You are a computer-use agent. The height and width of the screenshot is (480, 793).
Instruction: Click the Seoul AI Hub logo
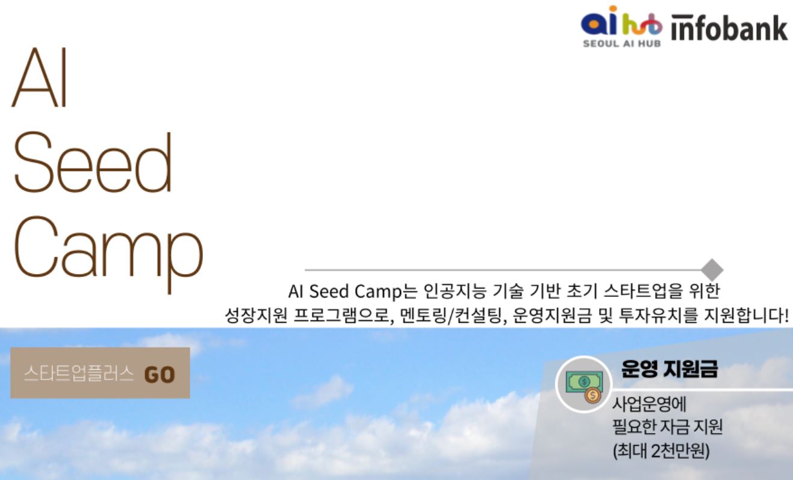(x=621, y=26)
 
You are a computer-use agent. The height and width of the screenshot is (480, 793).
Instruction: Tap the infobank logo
(x=729, y=28)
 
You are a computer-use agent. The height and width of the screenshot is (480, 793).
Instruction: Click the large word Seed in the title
(x=93, y=162)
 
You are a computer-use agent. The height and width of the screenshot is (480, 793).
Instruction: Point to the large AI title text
(x=40, y=77)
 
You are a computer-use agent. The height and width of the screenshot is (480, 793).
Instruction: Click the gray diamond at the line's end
(x=712, y=270)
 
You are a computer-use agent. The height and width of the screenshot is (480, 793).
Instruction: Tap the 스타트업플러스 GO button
(x=100, y=373)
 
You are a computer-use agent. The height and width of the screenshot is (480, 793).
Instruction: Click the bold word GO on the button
(x=160, y=375)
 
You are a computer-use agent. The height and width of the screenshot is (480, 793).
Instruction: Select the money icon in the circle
(x=584, y=384)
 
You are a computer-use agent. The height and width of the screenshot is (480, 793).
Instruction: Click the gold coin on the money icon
(x=592, y=396)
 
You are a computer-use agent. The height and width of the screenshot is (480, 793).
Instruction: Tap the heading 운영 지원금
(x=670, y=369)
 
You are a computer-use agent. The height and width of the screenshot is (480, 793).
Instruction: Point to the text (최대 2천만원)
(x=661, y=450)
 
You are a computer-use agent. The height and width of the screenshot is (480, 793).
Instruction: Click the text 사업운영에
(x=649, y=404)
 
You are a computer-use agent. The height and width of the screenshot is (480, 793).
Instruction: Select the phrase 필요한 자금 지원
(x=668, y=426)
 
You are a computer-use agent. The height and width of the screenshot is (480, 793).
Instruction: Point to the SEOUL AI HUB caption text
(x=622, y=43)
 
